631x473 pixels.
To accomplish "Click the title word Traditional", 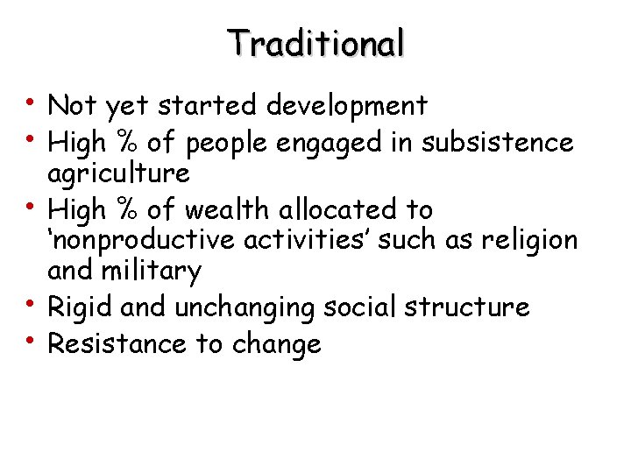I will [x=315, y=42].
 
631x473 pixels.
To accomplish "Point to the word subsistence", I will [x=497, y=141].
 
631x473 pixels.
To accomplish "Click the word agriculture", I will [x=118, y=173].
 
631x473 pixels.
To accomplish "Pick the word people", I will [x=229, y=143].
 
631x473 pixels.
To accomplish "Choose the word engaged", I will [x=330, y=143].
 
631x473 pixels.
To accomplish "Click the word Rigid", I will [x=78, y=307].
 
